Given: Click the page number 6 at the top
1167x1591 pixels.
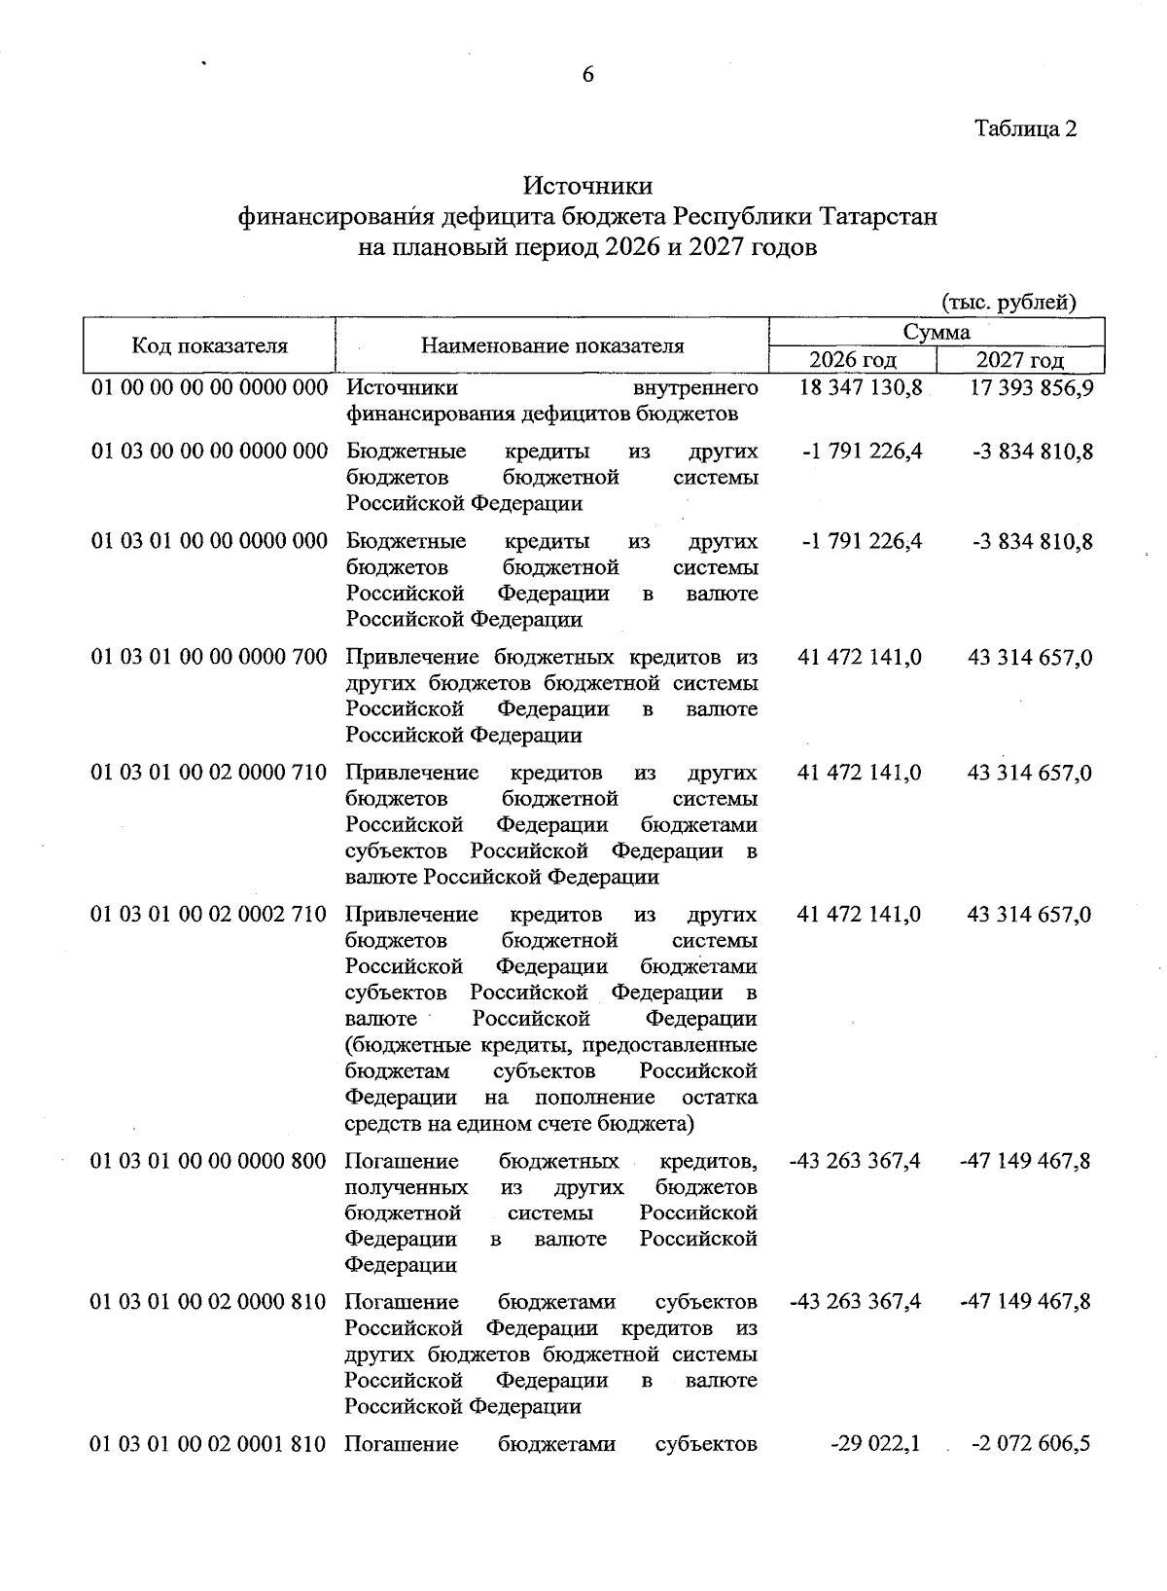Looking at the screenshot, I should (587, 75).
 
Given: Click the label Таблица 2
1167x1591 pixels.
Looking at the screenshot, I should (1026, 128).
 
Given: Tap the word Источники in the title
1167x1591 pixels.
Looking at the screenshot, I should (587, 185).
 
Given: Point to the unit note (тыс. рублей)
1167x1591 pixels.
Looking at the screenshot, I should (1008, 302).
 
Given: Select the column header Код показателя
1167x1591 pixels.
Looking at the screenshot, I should (210, 345).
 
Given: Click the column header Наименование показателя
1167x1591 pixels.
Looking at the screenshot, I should (552, 345).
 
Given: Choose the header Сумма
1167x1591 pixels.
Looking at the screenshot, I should (937, 332).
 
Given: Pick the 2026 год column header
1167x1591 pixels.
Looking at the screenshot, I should (853, 360).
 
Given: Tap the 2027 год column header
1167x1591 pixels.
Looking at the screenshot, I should (1020, 360).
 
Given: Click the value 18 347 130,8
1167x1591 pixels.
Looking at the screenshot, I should (860, 388).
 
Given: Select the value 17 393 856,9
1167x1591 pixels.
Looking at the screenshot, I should (1031, 388).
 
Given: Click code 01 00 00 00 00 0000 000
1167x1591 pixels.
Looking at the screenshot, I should (210, 388).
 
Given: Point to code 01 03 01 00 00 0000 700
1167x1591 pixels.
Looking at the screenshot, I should (210, 658).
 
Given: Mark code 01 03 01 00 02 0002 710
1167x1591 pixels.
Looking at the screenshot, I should (210, 915).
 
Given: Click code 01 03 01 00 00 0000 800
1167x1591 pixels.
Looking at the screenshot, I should (210, 1161).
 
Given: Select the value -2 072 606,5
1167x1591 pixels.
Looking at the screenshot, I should (1031, 1443).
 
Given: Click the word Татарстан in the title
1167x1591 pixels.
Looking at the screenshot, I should (878, 216).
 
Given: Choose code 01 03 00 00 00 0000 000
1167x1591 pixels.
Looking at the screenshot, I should (210, 452).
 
